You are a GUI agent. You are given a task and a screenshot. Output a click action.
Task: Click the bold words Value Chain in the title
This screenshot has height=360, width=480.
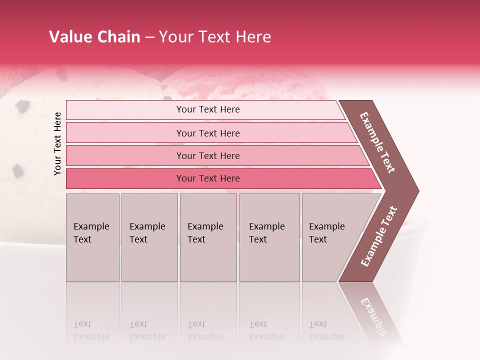pos(94,37)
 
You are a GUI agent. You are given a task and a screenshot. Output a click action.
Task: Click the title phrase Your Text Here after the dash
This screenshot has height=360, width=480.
pos(215,37)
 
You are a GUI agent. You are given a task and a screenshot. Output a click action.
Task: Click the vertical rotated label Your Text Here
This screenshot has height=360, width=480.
pos(57,143)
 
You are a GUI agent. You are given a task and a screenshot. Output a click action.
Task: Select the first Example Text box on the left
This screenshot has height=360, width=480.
pos(92,237)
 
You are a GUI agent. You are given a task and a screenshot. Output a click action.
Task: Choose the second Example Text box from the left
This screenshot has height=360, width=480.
pos(149,237)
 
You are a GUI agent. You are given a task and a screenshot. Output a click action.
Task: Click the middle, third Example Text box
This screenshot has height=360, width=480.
pos(208,237)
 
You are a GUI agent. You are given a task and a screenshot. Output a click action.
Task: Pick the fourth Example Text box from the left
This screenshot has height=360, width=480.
pos(269,237)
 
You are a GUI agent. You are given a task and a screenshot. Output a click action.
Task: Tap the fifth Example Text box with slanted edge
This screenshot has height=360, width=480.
pos(330,237)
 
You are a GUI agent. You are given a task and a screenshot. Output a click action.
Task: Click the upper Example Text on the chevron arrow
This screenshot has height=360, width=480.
pos(377,142)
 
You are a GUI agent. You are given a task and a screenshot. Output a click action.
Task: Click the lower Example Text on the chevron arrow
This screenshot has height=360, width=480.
pos(379,236)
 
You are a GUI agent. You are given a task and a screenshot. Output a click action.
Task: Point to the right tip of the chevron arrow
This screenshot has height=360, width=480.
pos(417,190)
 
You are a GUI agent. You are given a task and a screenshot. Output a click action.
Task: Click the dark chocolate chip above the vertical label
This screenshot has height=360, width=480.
pos(22,105)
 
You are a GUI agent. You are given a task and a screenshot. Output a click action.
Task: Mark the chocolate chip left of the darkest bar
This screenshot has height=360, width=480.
pos(18,171)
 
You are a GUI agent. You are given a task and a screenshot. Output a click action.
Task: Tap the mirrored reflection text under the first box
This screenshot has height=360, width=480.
pos(91,330)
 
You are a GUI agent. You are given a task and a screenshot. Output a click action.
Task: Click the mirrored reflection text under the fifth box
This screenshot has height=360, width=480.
pos(327,330)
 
